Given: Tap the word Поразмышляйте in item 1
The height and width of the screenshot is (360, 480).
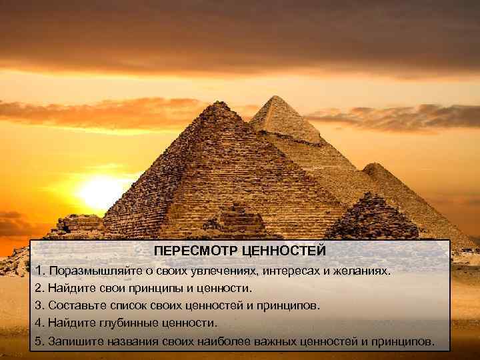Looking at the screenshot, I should pyautogui.click(x=92, y=272).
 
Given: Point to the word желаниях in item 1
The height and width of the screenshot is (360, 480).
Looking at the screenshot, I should pyautogui.click(x=365, y=272).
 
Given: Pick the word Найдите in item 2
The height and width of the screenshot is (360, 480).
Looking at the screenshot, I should pyautogui.click(x=71, y=289).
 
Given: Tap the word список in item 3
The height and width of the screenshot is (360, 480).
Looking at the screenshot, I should pyautogui.click(x=132, y=306).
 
